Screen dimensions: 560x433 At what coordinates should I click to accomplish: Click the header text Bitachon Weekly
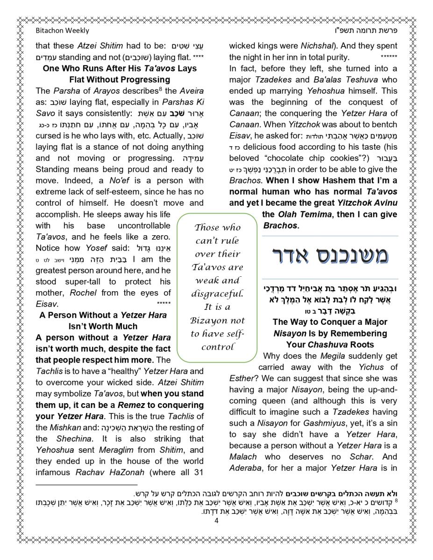click(x=62, y=30)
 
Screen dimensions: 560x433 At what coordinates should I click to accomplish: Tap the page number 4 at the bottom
click(x=216, y=521)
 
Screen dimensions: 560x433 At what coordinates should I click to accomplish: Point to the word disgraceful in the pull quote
click(x=218, y=294)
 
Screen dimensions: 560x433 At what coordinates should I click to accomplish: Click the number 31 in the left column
click(x=198, y=472)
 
